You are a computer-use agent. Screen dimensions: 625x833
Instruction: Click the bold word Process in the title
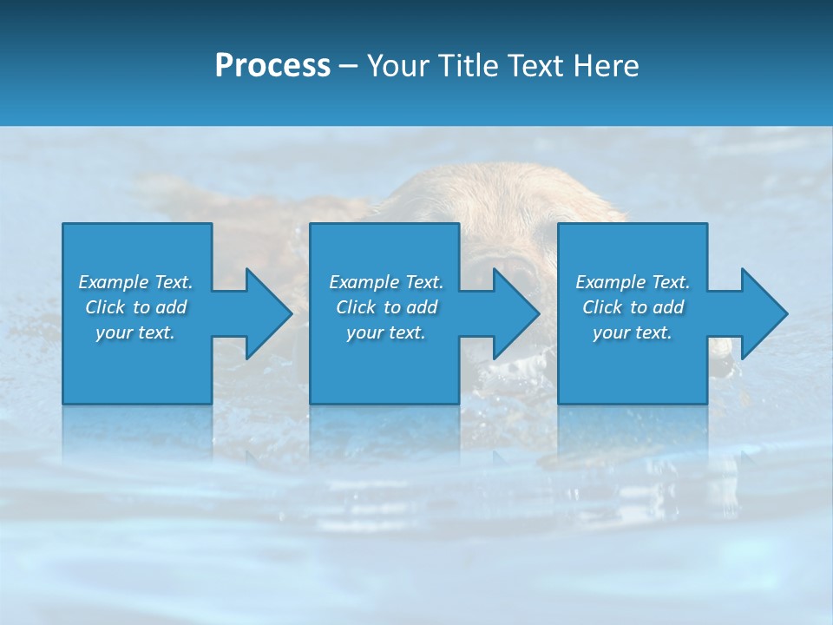[272, 66]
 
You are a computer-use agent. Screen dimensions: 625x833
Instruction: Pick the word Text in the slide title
[536, 66]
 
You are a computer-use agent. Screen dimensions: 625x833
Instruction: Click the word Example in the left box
[114, 282]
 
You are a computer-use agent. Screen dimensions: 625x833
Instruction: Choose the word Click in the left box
[105, 307]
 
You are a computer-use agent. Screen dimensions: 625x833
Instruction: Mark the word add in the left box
[171, 307]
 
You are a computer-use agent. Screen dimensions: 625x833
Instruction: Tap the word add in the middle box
[422, 307]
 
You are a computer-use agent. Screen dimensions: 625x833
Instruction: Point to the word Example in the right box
[611, 282]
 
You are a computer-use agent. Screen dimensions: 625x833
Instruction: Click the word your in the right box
[611, 332]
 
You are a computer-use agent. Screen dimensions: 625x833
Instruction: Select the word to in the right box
[639, 307]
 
